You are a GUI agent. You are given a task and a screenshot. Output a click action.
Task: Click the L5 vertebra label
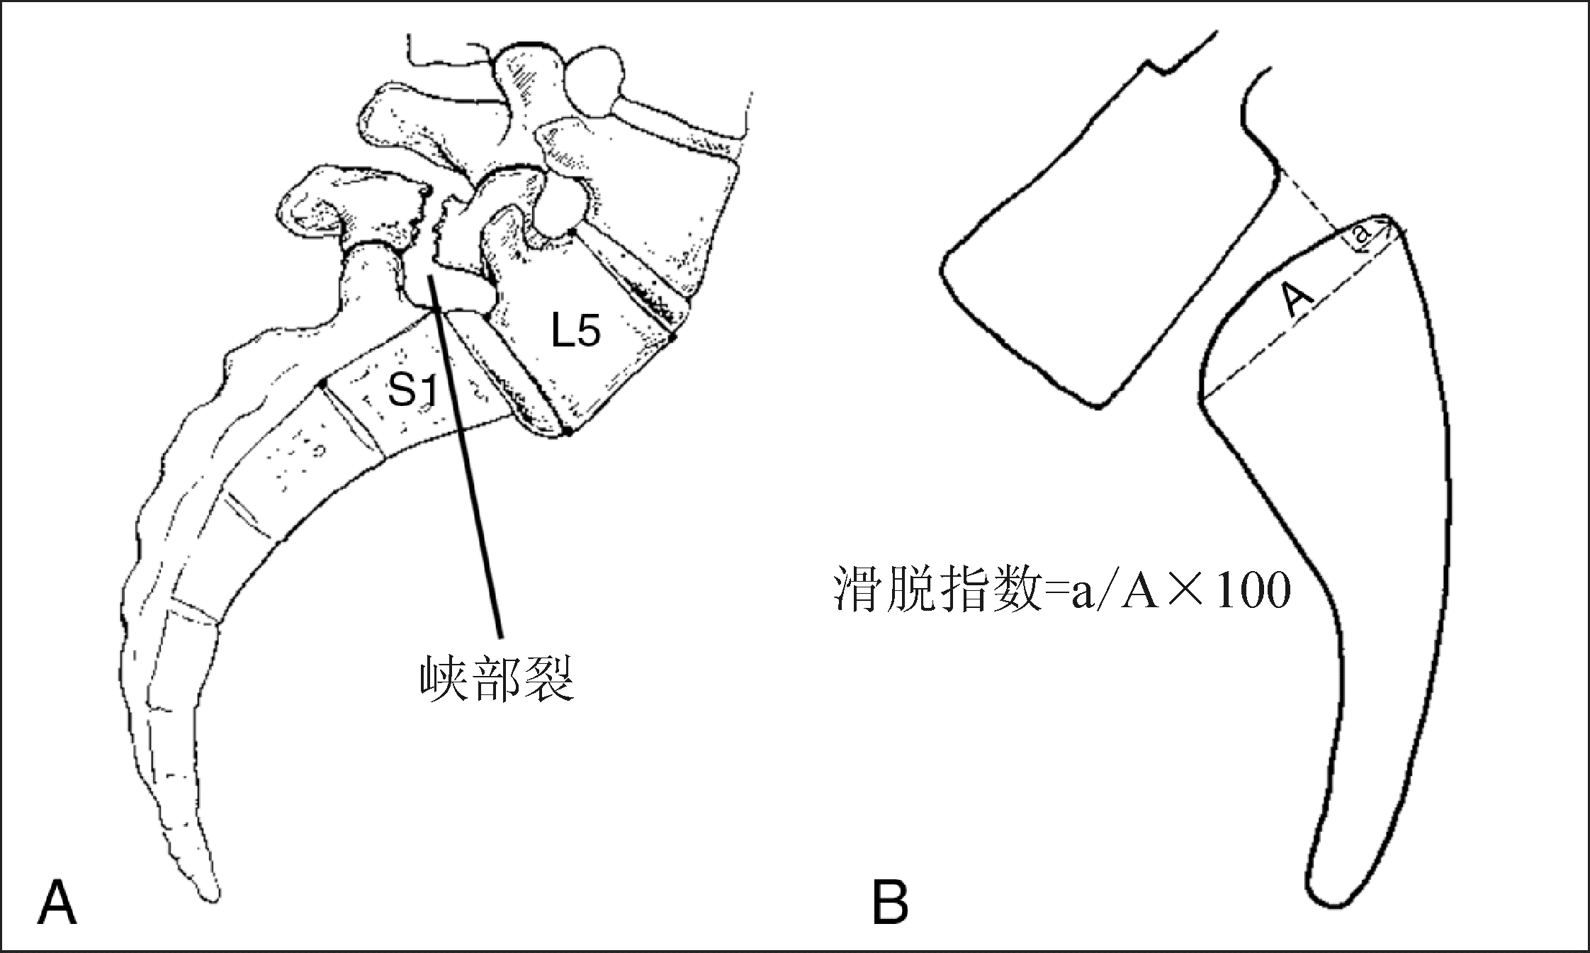point(575,331)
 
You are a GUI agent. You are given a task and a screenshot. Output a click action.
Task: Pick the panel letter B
point(890,902)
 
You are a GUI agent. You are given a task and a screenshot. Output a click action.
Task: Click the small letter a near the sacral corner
point(1361,237)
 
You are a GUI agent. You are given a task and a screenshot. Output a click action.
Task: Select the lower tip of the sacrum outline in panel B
point(1332,903)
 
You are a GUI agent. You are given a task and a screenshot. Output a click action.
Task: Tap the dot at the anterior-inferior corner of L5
point(567,432)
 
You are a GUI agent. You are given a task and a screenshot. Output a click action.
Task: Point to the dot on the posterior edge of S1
point(322,383)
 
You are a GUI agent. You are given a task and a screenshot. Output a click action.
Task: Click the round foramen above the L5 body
point(559,208)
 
